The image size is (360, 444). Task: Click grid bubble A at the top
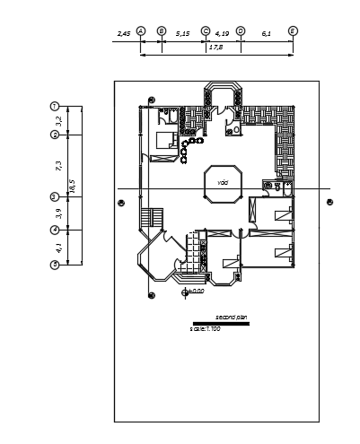(x=141, y=30)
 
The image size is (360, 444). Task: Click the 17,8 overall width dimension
(x=216, y=48)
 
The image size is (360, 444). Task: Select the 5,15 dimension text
(x=183, y=33)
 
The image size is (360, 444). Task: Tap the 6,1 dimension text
(x=267, y=33)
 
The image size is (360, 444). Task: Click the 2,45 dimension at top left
(x=124, y=33)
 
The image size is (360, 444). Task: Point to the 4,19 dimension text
(x=223, y=33)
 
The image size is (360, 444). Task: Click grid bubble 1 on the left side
(x=55, y=106)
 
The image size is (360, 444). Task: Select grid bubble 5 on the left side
(x=55, y=265)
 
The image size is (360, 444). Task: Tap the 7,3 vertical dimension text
(x=58, y=165)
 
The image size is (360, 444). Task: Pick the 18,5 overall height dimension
(x=73, y=186)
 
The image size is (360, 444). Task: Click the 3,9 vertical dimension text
(x=58, y=213)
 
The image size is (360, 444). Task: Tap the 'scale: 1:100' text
(x=205, y=329)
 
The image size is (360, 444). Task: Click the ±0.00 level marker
(x=195, y=292)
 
